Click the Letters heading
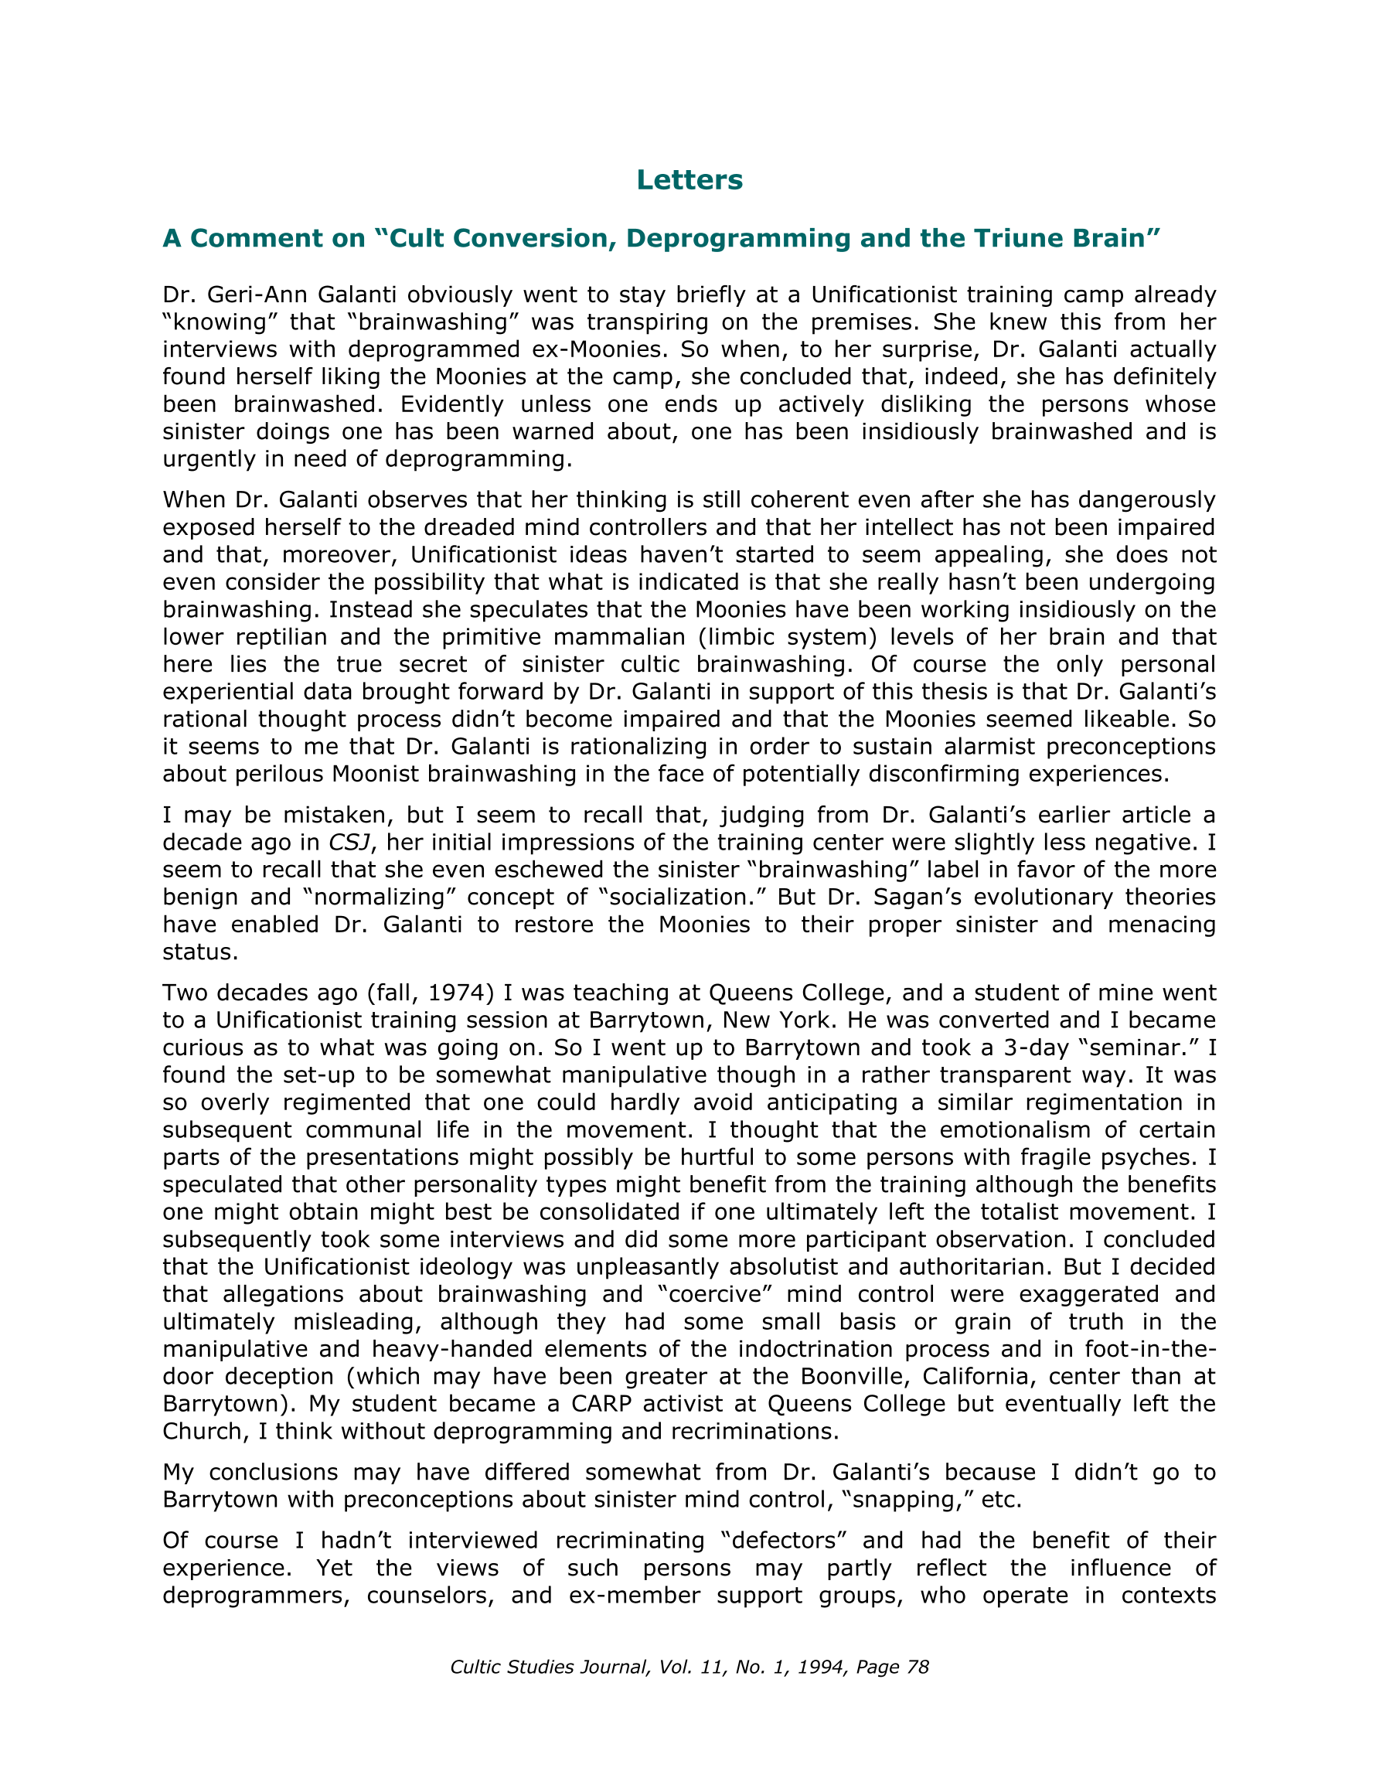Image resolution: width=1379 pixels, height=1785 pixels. [x=689, y=180]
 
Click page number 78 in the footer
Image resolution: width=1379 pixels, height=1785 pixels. [x=918, y=1667]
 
